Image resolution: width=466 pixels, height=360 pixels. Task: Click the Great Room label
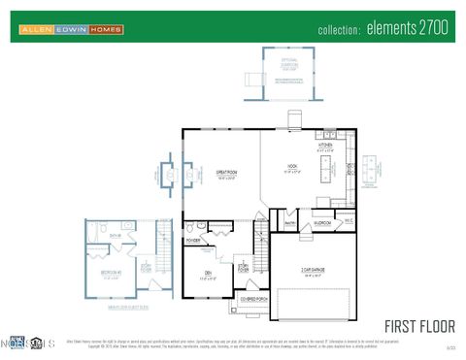click(x=228, y=174)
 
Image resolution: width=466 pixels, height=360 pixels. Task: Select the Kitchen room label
click(x=325, y=146)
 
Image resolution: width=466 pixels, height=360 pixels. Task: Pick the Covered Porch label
click(x=249, y=300)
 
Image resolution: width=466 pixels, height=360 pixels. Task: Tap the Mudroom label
click(x=323, y=222)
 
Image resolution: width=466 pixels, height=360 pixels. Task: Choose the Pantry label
click(x=289, y=222)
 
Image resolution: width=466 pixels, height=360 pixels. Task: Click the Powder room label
click(x=193, y=240)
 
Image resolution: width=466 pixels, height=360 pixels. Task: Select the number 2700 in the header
click(x=432, y=28)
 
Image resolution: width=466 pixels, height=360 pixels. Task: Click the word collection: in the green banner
click(x=339, y=30)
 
